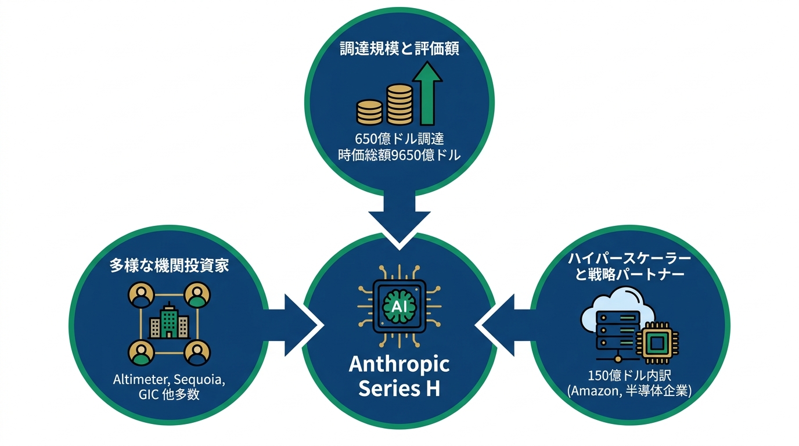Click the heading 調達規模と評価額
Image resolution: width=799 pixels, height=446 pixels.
coord(399,49)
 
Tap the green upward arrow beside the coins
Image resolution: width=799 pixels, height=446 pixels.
coord(427,93)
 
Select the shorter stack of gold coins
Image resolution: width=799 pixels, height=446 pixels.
coord(369,112)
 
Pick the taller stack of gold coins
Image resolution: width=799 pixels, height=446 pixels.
coord(399,105)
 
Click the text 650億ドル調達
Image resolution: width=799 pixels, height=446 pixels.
coord(399,138)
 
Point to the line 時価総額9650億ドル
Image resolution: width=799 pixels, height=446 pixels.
coord(399,155)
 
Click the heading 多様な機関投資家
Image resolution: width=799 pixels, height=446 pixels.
coord(169,266)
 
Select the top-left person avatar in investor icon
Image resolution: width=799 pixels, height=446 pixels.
coord(141,295)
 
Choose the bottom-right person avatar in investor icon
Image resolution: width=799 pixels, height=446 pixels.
coord(197,353)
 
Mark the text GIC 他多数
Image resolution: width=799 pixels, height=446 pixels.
coord(169,395)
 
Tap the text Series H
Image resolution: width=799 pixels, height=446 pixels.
coord(399,388)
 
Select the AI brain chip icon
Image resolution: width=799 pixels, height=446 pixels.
coord(399,306)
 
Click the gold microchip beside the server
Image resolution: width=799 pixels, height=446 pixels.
coord(657,343)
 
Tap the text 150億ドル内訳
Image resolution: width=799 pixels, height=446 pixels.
coord(629,375)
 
